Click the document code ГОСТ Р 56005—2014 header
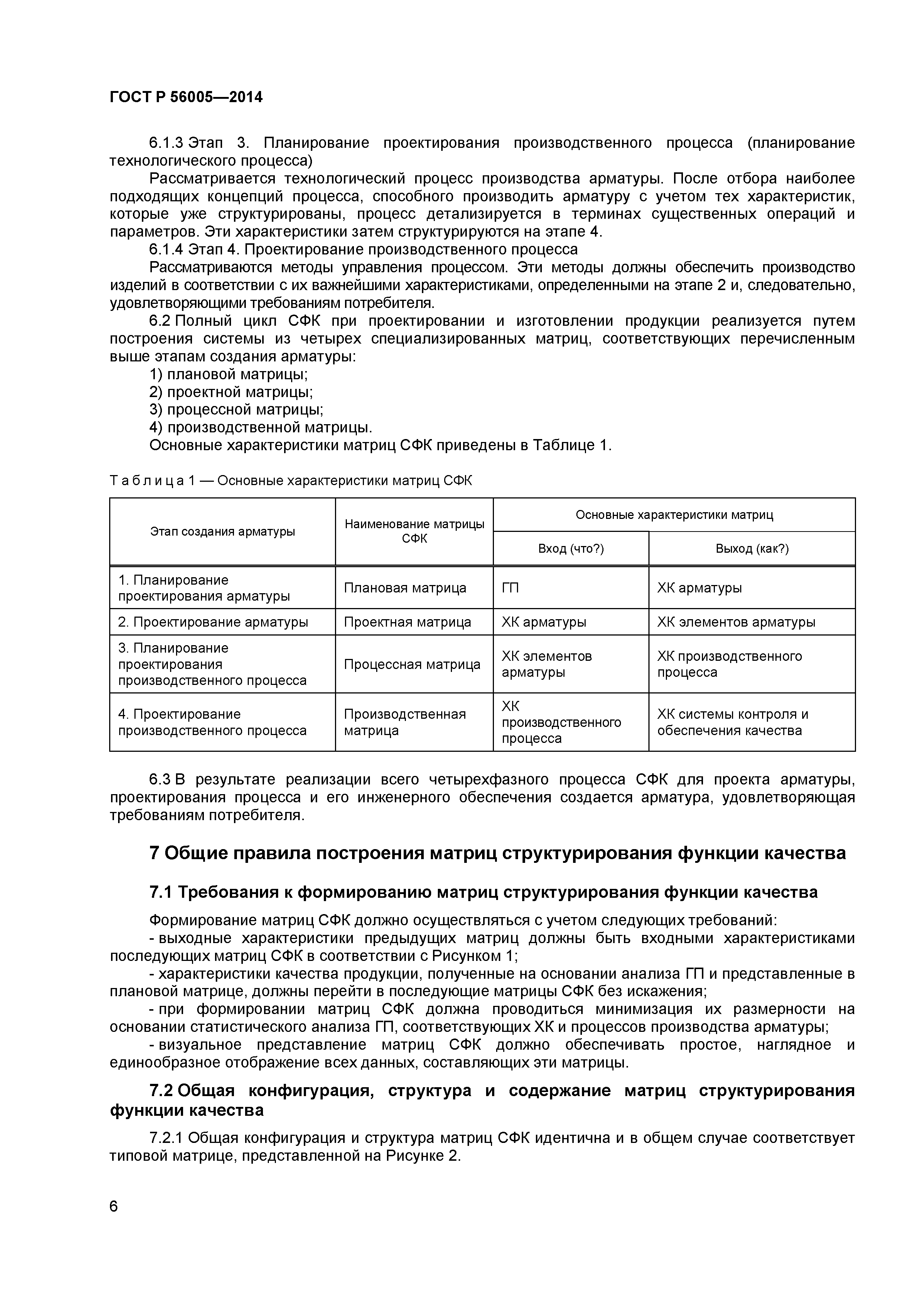pyautogui.click(x=186, y=98)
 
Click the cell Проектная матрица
pyautogui.click(x=407, y=622)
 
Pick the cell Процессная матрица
pyautogui.click(x=412, y=664)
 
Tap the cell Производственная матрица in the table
pyautogui.click(x=404, y=722)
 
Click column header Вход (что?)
pyautogui.click(x=570, y=549)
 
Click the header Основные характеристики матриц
pyautogui.click(x=674, y=515)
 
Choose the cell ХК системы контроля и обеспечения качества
pyautogui.click(x=732, y=722)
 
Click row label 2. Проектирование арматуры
pyautogui.click(x=213, y=622)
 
